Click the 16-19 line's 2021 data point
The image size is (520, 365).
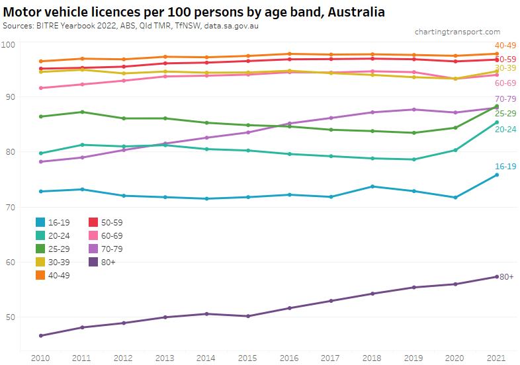497,175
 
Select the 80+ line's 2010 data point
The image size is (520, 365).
41,336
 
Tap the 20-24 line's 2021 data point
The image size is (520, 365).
497,122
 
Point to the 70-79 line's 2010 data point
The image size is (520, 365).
41,162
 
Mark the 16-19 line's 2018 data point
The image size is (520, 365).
372,186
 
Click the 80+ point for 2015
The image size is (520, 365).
248,316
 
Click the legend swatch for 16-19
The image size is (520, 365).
41,222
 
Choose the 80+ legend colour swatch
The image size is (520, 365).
94,262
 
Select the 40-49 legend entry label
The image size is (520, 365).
59,275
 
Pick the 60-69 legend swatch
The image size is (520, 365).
94,235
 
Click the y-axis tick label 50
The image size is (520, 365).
10,317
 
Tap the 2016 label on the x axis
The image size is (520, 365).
290,358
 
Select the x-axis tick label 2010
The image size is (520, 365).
41,358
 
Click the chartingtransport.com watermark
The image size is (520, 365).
457,32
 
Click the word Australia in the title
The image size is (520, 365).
352,12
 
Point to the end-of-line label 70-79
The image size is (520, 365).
505,99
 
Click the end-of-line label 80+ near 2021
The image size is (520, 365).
507,276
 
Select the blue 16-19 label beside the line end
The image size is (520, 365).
505,166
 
